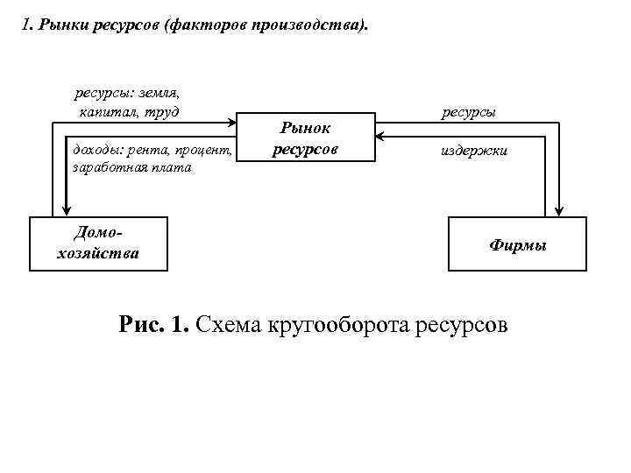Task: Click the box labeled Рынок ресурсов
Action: tap(305, 138)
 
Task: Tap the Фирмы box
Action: tap(517, 244)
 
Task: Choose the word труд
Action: tap(163, 112)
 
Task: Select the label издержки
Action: tap(473, 152)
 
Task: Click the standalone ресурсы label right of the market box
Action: tap(469, 113)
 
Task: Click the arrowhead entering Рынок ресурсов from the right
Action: tap(381, 136)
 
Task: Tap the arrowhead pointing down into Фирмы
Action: tap(558, 209)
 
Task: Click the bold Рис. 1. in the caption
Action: tap(153, 326)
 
